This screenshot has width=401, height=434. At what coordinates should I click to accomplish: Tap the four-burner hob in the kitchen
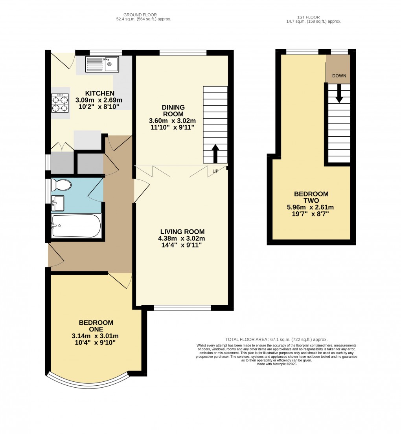pyautogui.click(x=60, y=103)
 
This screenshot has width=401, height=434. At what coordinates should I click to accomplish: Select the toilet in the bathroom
pyautogui.click(x=61, y=185)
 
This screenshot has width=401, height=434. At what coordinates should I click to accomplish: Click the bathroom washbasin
pyautogui.click(x=57, y=203)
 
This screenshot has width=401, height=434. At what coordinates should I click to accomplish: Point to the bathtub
pyautogui.click(x=76, y=226)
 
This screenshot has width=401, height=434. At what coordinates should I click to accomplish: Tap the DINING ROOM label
pyautogui.click(x=173, y=111)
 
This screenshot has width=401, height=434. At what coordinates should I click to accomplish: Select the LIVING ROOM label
pyautogui.click(x=182, y=232)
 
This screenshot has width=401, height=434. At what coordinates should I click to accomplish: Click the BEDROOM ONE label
pyautogui.click(x=96, y=326)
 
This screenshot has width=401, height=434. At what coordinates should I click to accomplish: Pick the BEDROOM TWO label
pyautogui.click(x=311, y=197)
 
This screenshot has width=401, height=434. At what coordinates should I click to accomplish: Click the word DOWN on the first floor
pyautogui.click(x=339, y=76)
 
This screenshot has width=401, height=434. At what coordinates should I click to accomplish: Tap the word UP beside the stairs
pyautogui.click(x=215, y=171)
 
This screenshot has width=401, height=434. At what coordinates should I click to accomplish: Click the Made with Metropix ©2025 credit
pyautogui.click(x=276, y=364)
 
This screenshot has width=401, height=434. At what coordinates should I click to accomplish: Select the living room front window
pyautogui.click(x=182, y=308)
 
